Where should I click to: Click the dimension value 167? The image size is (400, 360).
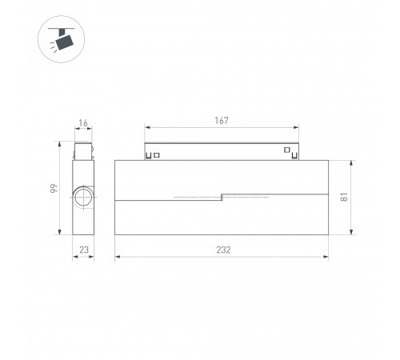tap(222, 121)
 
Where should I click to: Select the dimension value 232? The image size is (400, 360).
tap(223, 250)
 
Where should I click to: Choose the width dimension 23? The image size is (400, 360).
tap(83, 250)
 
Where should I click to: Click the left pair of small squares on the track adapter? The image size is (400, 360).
tap(154, 154)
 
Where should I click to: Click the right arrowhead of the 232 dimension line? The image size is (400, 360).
tap(326, 257)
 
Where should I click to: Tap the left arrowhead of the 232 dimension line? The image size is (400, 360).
tap(117, 257)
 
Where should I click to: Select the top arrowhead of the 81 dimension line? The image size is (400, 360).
tap(351, 162)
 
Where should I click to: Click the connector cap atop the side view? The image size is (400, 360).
tap(83, 151)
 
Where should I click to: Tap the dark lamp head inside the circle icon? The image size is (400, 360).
tap(65, 38)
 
